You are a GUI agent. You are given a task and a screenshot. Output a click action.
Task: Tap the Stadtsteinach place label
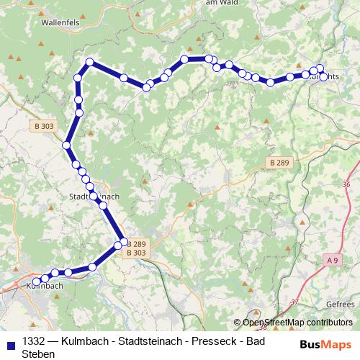point(94,195)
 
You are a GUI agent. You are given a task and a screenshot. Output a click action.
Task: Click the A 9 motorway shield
point(331,259)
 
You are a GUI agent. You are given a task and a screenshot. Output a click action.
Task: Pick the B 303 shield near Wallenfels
point(43,126)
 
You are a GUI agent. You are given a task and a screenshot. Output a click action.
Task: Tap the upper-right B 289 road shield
point(279,163)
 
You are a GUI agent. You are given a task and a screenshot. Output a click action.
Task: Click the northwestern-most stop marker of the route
point(90,62)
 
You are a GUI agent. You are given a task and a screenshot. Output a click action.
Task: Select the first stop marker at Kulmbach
point(37,282)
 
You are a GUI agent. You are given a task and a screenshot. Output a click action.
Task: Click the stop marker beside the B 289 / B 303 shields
point(123,241)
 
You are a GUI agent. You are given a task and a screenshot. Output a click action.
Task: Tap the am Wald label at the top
point(221,4)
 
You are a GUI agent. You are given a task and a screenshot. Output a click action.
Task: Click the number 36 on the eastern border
point(346,184)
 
